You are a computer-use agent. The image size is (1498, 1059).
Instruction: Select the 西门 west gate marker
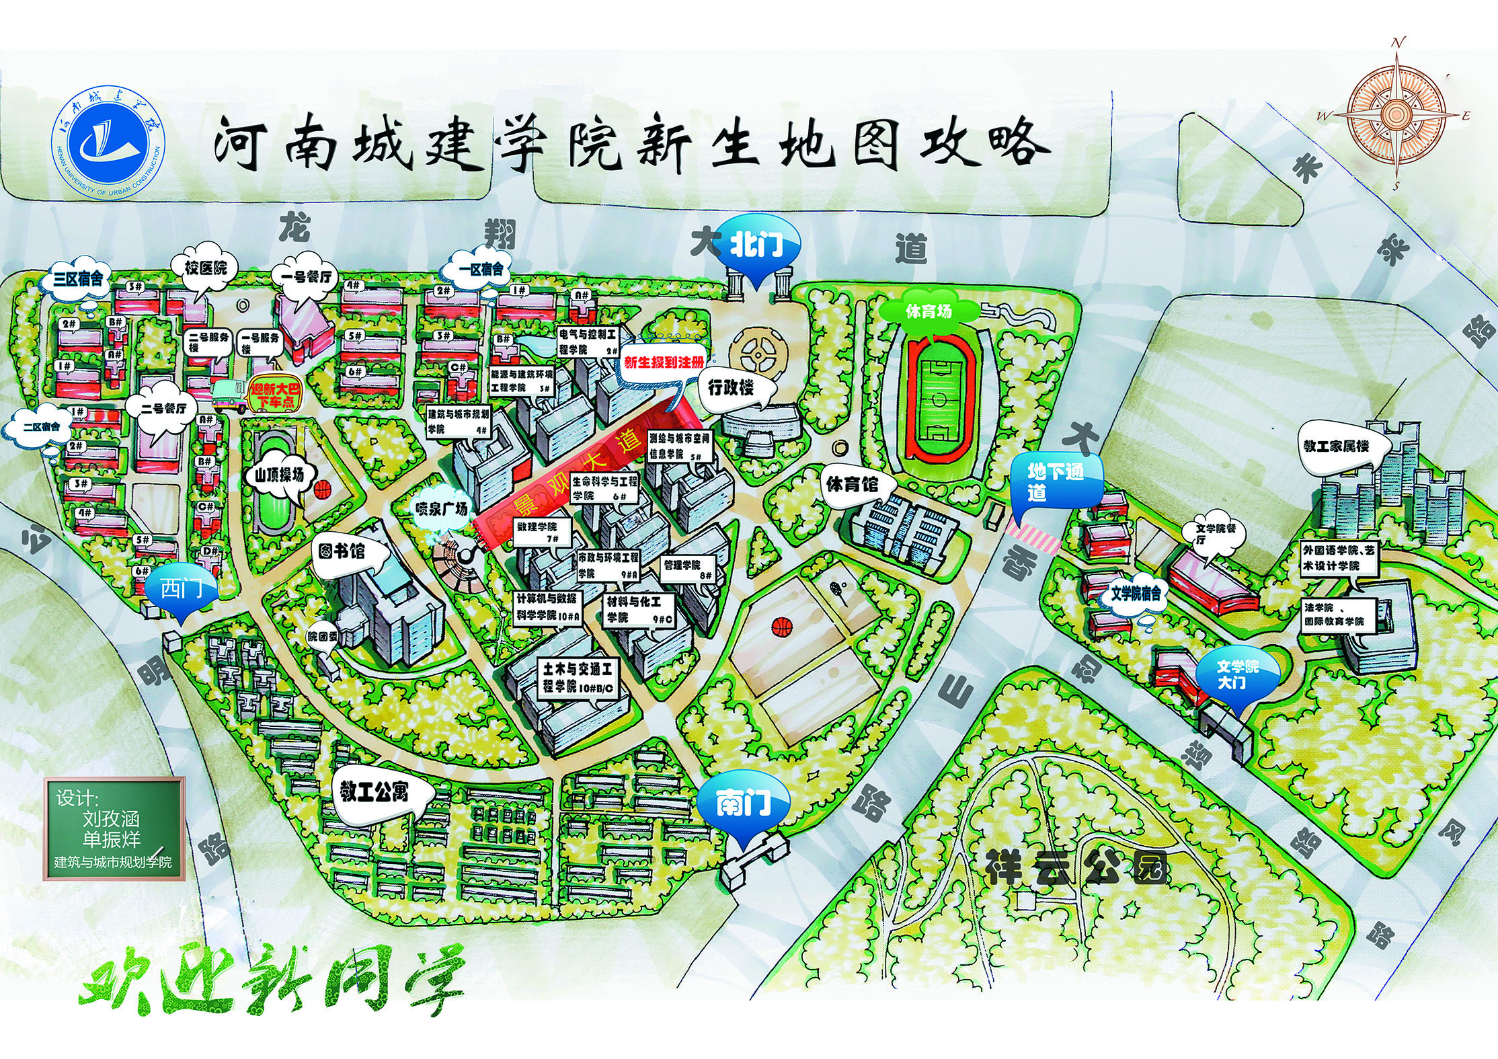pos(182,590)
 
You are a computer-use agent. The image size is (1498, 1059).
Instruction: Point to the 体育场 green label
pos(929,311)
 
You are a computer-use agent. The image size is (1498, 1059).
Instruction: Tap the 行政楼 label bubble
pos(731,388)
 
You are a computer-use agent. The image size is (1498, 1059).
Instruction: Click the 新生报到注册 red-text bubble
pos(664,363)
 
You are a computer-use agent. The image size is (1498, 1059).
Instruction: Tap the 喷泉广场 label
pos(441,509)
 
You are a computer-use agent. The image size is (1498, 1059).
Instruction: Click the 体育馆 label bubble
pos(852,483)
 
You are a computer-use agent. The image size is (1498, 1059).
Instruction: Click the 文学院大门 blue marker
pos(1238,674)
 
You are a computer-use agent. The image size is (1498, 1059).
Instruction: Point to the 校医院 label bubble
pos(206,268)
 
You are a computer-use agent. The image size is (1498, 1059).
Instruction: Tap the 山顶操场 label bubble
pos(279,476)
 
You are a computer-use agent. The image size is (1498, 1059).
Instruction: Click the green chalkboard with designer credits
pos(114,828)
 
